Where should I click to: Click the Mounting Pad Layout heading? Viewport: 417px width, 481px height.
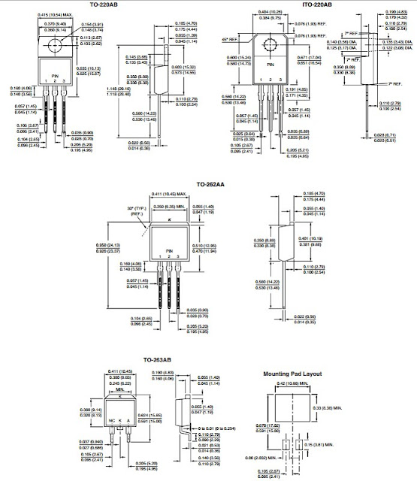pyautogui.click(x=292, y=374)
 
